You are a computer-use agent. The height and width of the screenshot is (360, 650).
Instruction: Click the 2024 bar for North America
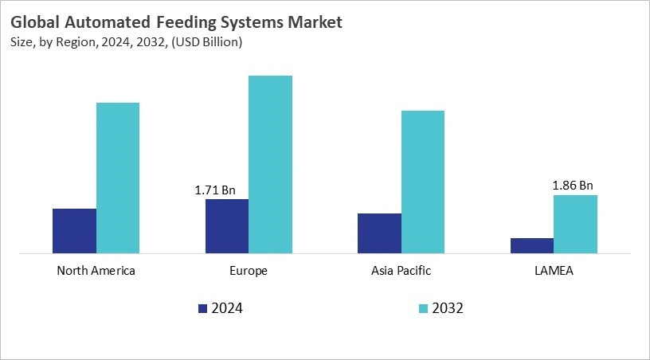click(74, 231)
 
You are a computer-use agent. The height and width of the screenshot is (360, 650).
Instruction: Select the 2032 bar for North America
click(118, 178)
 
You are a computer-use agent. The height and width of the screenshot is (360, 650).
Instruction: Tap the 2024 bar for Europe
click(227, 226)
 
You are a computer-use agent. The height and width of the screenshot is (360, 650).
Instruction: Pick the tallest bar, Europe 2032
click(271, 164)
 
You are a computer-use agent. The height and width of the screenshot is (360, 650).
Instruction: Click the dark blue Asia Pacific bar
click(379, 233)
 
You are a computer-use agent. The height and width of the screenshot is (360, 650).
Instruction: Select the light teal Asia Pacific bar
click(423, 182)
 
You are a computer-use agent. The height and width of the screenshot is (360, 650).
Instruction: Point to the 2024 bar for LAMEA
click(532, 245)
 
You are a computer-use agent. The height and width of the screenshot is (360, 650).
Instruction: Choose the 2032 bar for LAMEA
click(575, 224)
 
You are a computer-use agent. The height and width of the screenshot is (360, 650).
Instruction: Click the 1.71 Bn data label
click(215, 190)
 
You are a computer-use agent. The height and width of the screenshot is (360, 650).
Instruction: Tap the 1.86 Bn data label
click(573, 186)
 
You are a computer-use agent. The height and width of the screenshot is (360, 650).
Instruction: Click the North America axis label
click(96, 271)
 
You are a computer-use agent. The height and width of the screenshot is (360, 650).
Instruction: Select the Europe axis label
click(249, 271)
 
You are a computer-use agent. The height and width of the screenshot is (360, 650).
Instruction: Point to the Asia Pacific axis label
click(401, 271)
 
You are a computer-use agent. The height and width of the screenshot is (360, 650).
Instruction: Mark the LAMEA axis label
click(554, 271)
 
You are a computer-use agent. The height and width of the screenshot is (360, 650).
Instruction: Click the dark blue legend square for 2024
click(202, 308)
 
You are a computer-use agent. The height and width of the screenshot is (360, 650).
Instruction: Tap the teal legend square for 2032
click(423, 308)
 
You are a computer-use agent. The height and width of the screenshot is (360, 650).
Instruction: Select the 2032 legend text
click(448, 308)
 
